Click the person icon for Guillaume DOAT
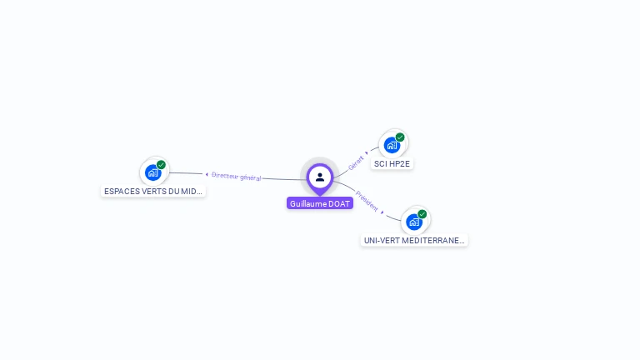point(320,177)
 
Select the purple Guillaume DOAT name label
point(320,203)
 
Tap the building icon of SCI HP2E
point(392,145)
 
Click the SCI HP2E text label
point(392,164)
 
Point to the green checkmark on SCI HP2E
point(400,137)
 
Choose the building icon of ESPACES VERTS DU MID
point(152,172)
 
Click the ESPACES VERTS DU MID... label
point(152,191)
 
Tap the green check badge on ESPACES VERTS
point(161,165)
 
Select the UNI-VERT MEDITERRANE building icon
point(414,222)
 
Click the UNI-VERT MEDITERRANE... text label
point(414,240)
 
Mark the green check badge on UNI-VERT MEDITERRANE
point(422,214)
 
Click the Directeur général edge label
point(237,176)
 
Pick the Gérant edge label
point(356,162)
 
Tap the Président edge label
point(367,201)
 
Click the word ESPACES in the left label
point(120,191)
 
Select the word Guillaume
point(308,203)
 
